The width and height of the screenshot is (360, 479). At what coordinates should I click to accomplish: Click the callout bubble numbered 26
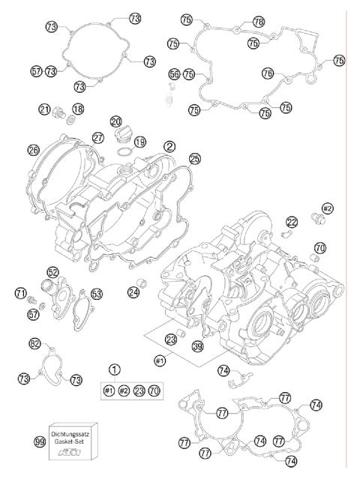(33, 150)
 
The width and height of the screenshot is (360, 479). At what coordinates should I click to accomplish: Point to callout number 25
(194, 158)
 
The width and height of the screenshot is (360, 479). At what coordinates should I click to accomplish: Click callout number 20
(115, 121)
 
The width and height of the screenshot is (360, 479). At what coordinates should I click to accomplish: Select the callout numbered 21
(44, 109)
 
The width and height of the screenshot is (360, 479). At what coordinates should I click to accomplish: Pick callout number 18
(77, 109)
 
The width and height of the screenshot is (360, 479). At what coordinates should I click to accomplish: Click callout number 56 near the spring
(174, 73)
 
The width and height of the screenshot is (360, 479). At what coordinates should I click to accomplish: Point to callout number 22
(292, 221)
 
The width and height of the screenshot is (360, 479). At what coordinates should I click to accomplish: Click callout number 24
(133, 292)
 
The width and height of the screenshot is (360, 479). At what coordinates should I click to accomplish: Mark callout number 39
(197, 346)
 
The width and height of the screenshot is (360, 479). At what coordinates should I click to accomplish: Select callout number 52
(53, 272)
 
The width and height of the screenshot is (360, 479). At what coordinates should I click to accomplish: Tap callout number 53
(97, 293)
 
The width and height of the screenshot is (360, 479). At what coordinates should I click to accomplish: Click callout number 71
(21, 292)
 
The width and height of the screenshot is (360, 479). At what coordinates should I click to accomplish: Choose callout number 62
(34, 344)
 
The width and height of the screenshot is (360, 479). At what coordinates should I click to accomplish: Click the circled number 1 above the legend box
(114, 369)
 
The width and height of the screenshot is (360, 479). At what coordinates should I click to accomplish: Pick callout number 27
(97, 137)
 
